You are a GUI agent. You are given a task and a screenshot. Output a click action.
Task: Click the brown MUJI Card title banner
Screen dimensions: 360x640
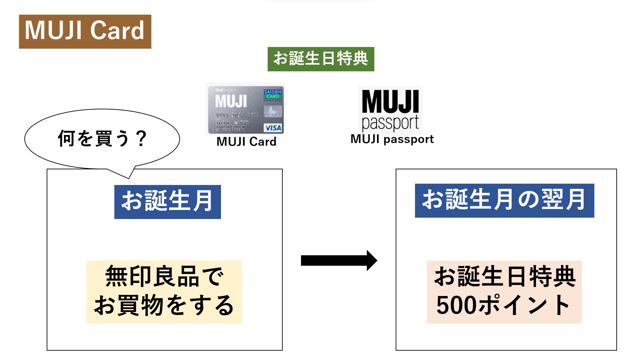(x=85, y=31)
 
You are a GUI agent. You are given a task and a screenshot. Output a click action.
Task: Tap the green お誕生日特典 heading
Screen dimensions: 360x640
(x=321, y=59)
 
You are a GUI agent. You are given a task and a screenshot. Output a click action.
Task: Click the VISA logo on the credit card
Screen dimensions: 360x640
(x=273, y=128)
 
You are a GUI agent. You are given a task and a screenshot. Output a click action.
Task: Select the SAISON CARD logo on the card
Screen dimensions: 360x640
(x=273, y=94)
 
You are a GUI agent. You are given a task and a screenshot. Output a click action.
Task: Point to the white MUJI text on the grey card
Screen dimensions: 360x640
(x=231, y=101)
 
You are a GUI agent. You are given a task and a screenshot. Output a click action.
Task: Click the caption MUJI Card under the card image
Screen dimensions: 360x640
(x=246, y=142)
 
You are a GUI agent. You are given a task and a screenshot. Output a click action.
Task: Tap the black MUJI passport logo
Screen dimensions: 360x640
(x=390, y=110)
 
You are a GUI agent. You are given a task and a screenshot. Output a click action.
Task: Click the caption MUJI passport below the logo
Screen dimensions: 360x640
(x=392, y=139)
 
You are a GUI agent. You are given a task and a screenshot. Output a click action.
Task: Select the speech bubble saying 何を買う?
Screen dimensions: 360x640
(x=102, y=138)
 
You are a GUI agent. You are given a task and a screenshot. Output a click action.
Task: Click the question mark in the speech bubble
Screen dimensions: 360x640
(x=142, y=138)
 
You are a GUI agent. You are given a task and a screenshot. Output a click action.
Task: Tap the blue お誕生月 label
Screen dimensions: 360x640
(x=167, y=202)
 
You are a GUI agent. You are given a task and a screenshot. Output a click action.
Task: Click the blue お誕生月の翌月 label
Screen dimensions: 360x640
(x=504, y=200)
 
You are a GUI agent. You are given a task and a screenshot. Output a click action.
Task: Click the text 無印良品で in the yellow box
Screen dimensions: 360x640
(x=164, y=276)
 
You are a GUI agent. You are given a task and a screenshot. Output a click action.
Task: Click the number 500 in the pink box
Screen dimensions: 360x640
(x=456, y=305)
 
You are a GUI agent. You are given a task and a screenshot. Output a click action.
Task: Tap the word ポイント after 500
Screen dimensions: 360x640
(x=524, y=305)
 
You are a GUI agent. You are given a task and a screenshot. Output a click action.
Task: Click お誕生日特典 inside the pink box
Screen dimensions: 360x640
(x=504, y=276)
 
